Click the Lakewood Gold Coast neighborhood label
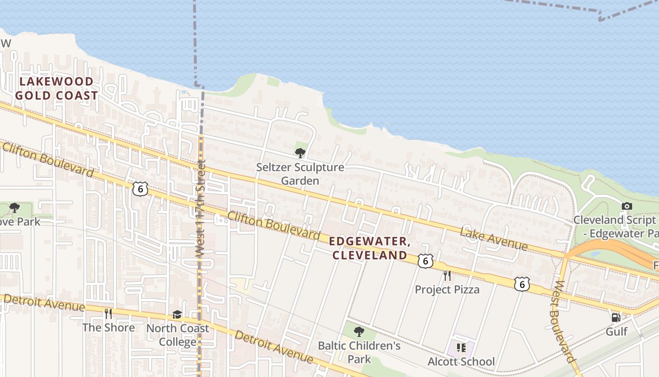pyautogui.click(x=56, y=89)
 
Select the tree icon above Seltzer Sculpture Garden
pyautogui.click(x=300, y=153)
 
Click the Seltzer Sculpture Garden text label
pyautogui.click(x=300, y=174)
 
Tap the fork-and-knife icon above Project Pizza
pyautogui.click(x=447, y=276)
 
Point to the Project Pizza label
pyautogui.click(x=447, y=289)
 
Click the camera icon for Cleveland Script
pyautogui.click(x=627, y=206)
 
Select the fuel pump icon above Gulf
pyautogui.click(x=616, y=317)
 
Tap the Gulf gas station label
pyautogui.click(x=616, y=331)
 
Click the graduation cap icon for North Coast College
pyautogui.click(x=177, y=314)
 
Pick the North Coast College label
pyautogui.click(x=177, y=335)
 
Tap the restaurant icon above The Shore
pyautogui.click(x=108, y=314)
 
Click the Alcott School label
pyautogui.click(x=461, y=361)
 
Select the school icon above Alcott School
pyautogui.click(x=461, y=348)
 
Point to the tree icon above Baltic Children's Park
pyautogui.click(x=359, y=332)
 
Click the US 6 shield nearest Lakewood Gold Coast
pyautogui.click(x=140, y=188)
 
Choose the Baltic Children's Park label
pyautogui.click(x=359, y=352)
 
